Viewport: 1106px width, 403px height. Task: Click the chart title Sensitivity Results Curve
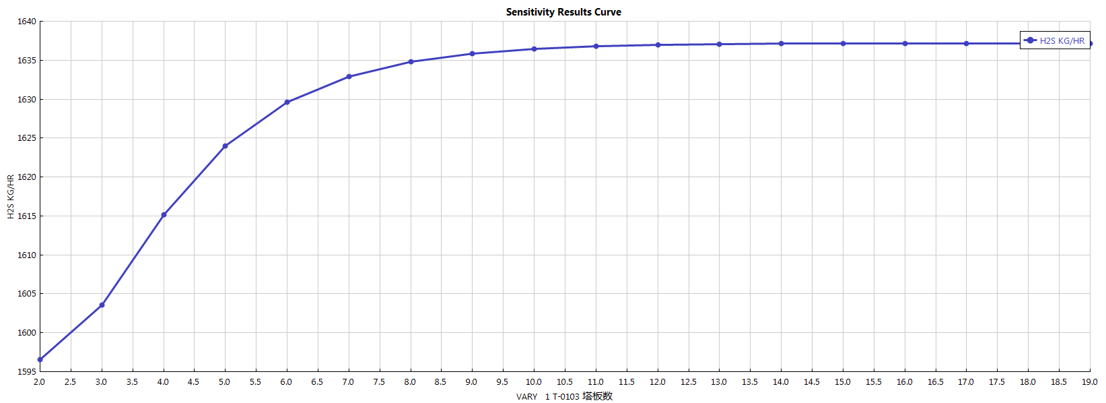pos(563,12)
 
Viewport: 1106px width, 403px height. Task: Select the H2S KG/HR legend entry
pos(1055,40)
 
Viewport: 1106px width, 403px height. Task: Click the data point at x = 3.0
pos(102,305)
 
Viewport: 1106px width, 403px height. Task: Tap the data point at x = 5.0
pos(225,146)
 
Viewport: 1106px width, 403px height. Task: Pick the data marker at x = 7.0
pos(349,77)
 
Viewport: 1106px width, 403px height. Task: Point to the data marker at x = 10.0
pos(534,49)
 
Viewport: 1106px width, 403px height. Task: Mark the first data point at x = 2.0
pos(40,360)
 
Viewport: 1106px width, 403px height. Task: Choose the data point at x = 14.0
pos(781,44)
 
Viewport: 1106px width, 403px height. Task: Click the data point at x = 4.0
pos(164,215)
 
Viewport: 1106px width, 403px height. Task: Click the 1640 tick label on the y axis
pos(27,22)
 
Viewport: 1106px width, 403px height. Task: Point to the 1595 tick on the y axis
pos(27,372)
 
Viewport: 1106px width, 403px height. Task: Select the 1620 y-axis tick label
pos(27,177)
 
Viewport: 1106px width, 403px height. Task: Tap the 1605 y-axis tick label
pos(27,294)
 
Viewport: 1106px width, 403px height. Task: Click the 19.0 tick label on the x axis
pos(1089,382)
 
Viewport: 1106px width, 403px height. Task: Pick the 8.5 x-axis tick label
pos(440,382)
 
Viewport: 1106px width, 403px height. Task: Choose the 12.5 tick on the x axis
pos(688,382)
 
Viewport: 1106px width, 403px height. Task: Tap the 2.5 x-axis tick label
pos(70,382)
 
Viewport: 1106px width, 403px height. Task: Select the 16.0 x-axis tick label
pos(904,382)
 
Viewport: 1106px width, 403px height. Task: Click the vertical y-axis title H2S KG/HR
pos(11,197)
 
